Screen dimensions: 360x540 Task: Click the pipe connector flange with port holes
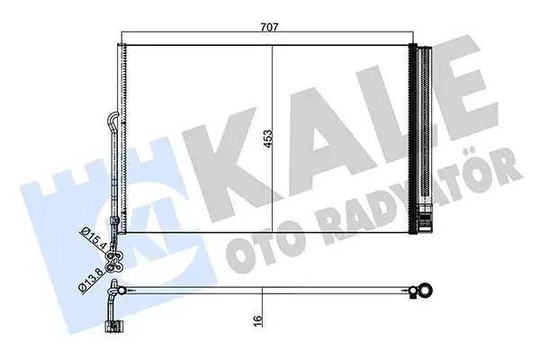click(114, 258)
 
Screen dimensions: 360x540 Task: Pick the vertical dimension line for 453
click(273, 135)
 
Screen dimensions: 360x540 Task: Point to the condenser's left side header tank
click(124, 135)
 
